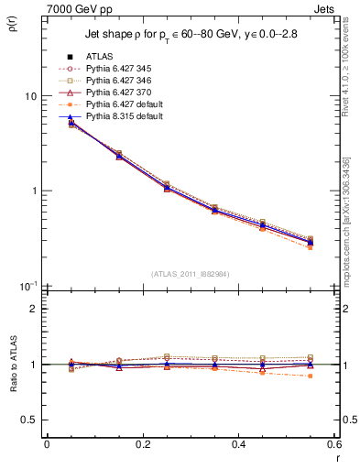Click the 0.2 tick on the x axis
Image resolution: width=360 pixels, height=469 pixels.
142,444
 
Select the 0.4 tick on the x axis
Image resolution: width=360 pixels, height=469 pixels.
238,444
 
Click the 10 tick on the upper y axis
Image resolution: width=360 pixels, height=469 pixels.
31,96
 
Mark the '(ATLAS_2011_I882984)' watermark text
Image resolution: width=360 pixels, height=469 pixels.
190,275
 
